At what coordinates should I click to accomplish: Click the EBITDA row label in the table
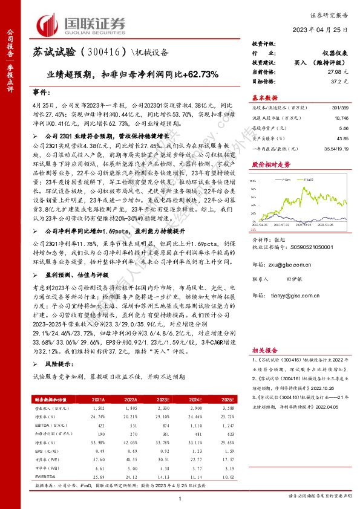42,426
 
